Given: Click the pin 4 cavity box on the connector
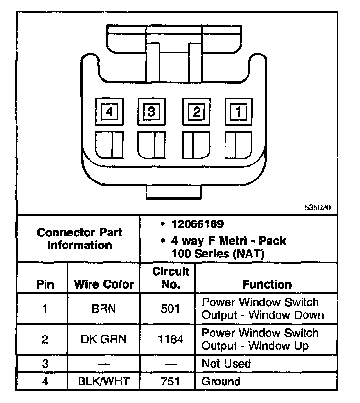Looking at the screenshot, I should [110, 112].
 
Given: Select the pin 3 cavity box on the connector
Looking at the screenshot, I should [151, 112].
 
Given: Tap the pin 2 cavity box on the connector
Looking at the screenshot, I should [196, 112].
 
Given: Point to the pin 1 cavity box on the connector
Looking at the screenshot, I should [238, 112].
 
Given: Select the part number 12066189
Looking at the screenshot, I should [198, 224].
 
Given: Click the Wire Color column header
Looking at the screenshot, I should [103, 284].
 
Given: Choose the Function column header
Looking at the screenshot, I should [267, 284].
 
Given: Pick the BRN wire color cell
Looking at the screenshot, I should [103, 309].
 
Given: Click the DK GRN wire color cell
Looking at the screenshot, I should [103, 339].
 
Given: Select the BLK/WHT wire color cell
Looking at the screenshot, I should [103, 381].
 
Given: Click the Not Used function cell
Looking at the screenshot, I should [226, 363].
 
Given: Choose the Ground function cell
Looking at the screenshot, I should [221, 381].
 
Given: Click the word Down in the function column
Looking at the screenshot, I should [309, 315].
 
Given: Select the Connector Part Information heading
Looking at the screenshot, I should [79, 239].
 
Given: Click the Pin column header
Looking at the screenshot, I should [45, 284].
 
